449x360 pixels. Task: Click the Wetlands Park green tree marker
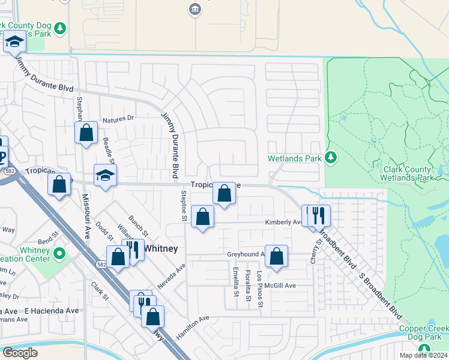coord(330,157)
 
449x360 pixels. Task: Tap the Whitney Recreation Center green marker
coord(59,254)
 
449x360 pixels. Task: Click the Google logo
coord(20,353)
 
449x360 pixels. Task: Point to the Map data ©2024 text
coord(426,355)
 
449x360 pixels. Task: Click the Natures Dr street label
coord(118,119)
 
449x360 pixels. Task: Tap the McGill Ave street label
coord(282,286)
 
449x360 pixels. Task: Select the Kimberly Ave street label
coord(283,222)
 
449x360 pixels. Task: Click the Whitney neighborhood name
coord(160,247)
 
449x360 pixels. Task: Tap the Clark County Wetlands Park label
coord(407,173)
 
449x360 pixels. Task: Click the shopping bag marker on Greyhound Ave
coord(276,256)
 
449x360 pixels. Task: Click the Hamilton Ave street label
coord(192,327)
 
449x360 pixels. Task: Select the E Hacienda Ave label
coord(52,311)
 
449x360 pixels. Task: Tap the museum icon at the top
coord(194,9)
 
